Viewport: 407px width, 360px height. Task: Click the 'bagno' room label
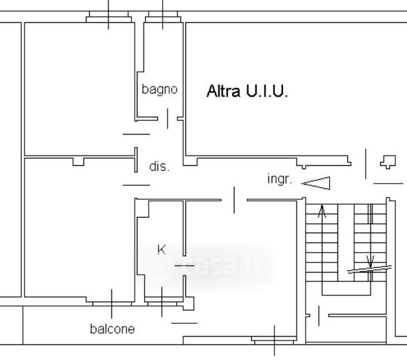click(x=160, y=89)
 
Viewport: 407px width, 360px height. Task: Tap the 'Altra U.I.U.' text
click(x=247, y=91)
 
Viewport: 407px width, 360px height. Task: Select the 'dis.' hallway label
click(x=159, y=167)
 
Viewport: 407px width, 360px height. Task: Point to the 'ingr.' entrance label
click(x=279, y=179)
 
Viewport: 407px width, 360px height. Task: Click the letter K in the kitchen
click(x=161, y=250)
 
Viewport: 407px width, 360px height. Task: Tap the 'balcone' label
click(x=112, y=329)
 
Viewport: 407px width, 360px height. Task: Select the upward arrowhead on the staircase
click(x=322, y=211)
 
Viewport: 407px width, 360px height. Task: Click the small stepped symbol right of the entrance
click(x=388, y=161)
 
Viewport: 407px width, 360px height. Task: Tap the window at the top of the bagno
click(x=163, y=19)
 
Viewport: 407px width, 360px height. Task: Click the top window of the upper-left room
click(x=109, y=19)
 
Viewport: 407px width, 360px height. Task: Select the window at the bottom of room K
click(x=163, y=302)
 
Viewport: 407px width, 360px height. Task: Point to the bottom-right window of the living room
click(x=274, y=340)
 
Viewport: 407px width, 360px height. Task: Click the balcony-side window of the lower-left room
click(x=111, y=302)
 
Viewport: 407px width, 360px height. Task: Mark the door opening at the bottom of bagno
click(x=167, y=118)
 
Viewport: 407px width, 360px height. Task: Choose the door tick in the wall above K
click(x=234, y=200)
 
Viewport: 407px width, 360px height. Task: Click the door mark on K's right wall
click(x=184, y=265)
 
